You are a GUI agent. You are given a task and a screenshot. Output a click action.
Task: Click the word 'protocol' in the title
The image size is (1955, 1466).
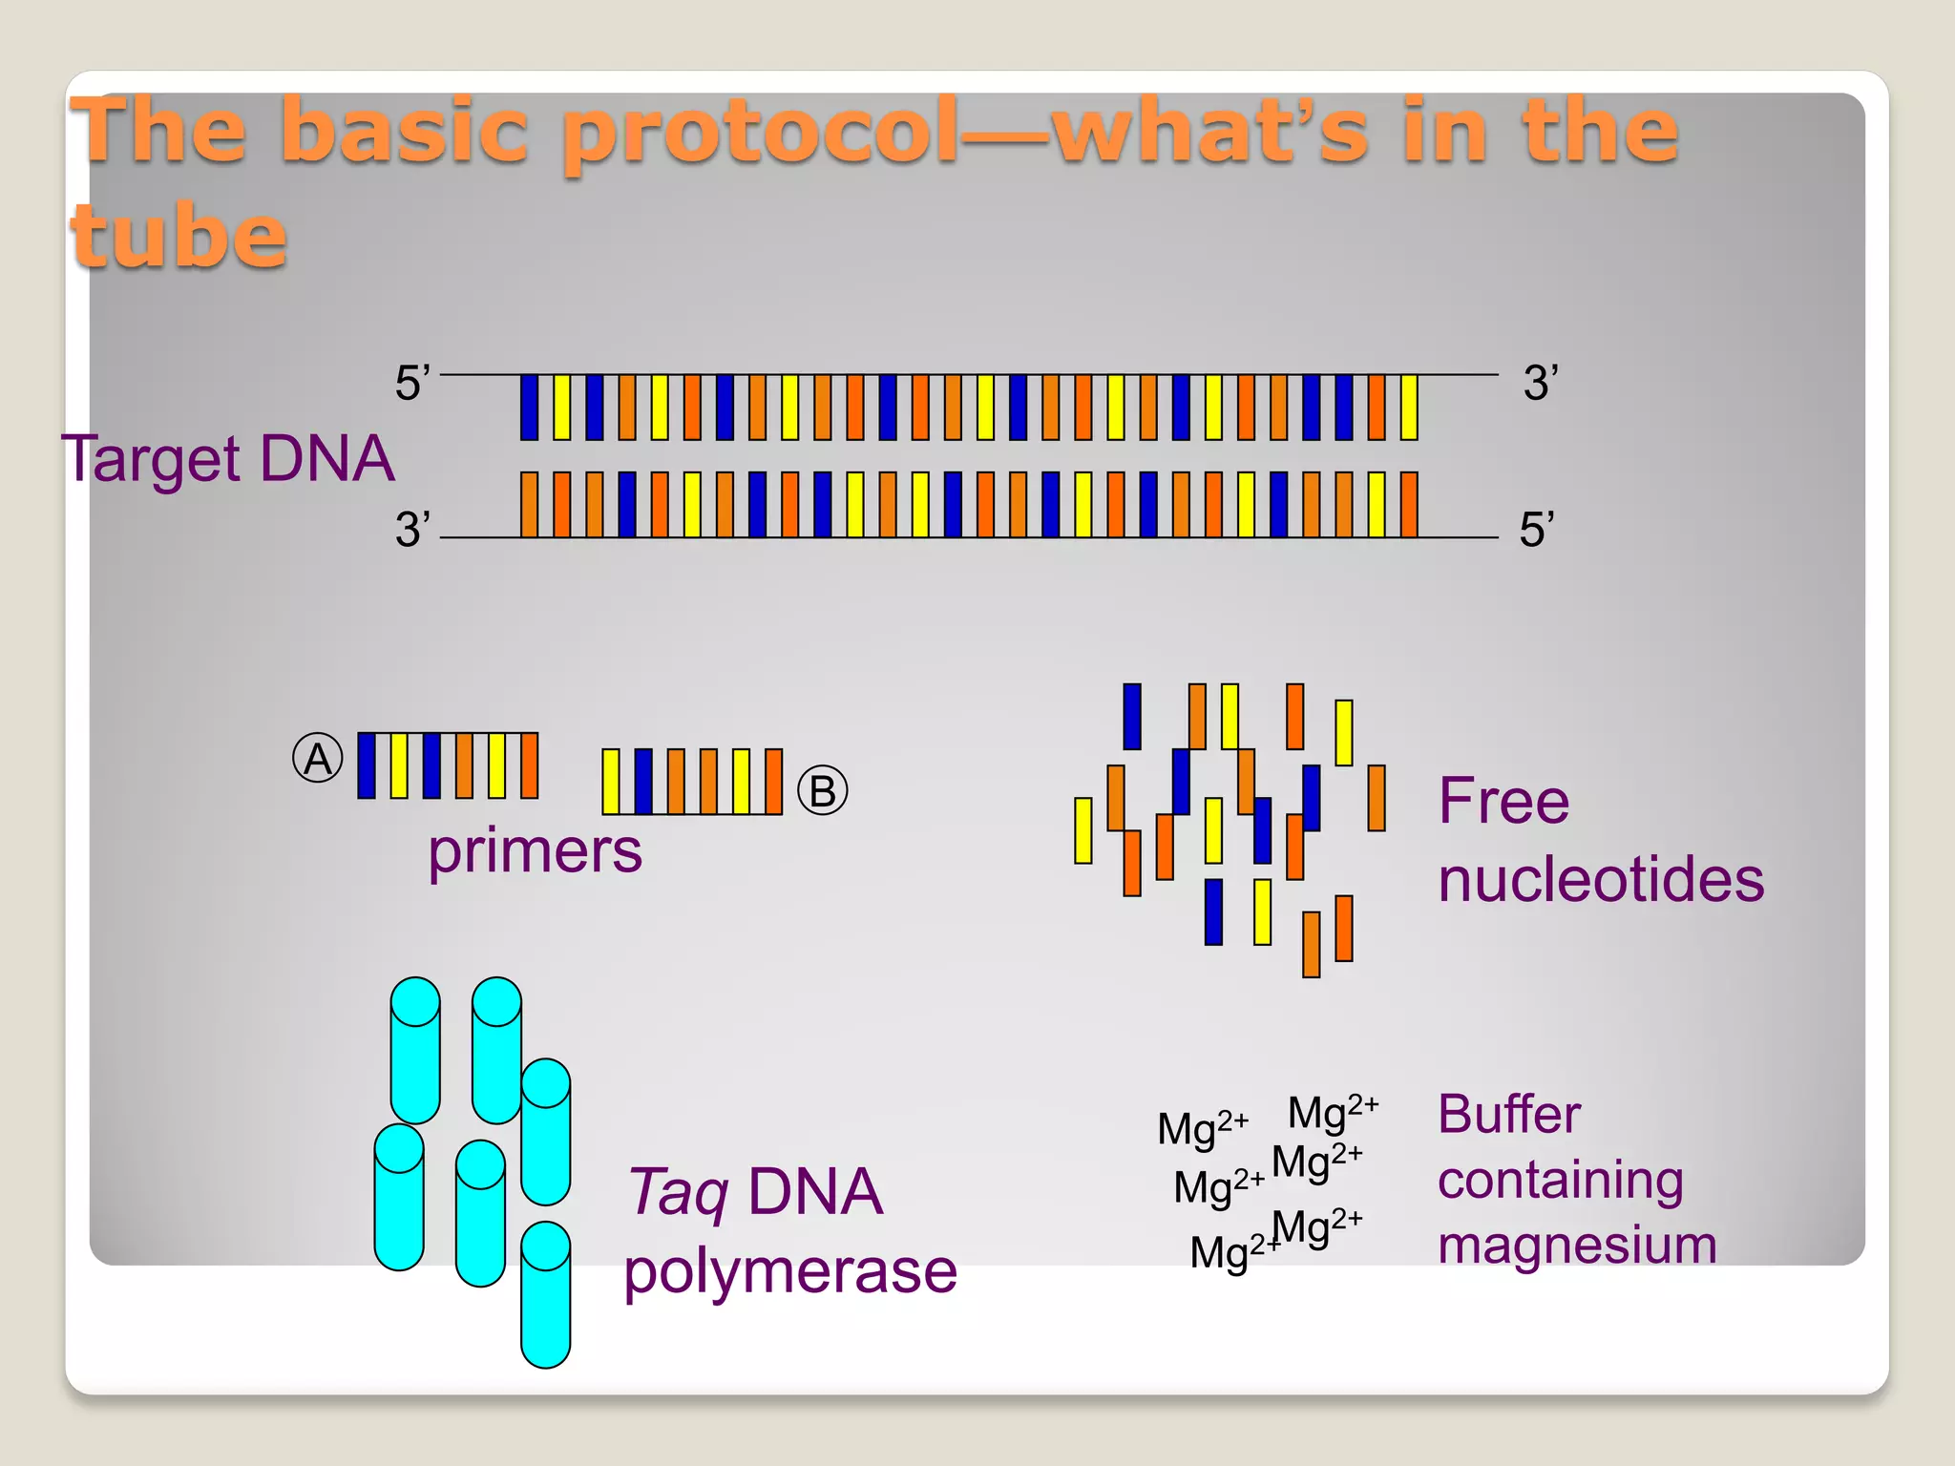pyautogui.click(x=759, y=134)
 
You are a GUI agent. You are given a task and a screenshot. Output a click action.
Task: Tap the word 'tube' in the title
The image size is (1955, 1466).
pyautogui.click(x=179, y=236)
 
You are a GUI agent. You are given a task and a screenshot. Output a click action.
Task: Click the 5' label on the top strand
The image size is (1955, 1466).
pyautogui.click(x=412, y=383)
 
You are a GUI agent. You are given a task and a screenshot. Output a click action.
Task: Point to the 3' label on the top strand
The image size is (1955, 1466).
pyautogui.click(x=1540, y=383)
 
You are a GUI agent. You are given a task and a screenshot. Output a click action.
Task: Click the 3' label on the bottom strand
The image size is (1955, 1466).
pyautogui.click(x=412, y=529)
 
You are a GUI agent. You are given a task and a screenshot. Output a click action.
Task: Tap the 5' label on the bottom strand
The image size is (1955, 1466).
pyautogui.click(x=1537, y=529)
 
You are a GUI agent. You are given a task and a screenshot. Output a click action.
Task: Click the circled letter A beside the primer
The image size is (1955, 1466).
pyautogui.click(x=317, y=759)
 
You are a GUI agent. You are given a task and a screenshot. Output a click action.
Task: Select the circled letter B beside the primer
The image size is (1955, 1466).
pyautogui.click(x=822, y=790)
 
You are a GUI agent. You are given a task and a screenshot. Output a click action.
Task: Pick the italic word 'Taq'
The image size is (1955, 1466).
pyautogui.click(x=678, y=1193)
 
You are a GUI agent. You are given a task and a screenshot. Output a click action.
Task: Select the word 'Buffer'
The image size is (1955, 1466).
pyautogui.click(x=1509, y=1114)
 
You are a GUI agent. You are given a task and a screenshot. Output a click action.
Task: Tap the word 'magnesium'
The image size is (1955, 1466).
pyautogui.click(x=1577, y=1245)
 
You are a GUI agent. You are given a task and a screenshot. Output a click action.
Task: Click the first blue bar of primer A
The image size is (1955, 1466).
pyautogui.click(x=367, y=765)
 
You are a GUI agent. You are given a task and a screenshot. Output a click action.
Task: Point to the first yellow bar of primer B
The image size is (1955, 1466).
pyautogui.click(x=611, y=782)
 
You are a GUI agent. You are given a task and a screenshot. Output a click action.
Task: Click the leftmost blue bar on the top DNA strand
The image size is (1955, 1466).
pyautogui.click(x=529, y=408)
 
